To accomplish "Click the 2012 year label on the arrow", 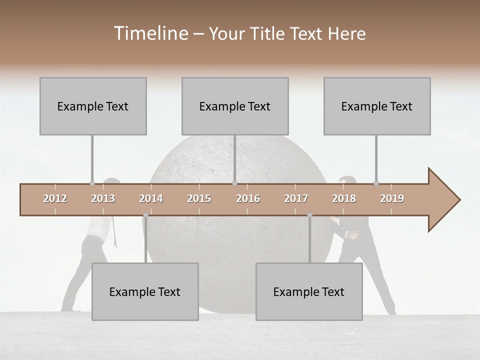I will tap(55, 198).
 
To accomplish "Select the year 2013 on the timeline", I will tap(103, 198).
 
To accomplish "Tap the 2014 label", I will tap(151, 198).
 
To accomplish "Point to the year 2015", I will tap(199, 198).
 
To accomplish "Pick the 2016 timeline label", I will tap(248, 198).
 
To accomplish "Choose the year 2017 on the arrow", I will tap(296, 198).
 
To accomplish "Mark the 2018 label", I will tap(344, 198).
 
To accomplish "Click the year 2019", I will tap(392, 198).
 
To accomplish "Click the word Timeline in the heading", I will tap(150, 33).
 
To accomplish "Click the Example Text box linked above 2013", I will tap(93, 106).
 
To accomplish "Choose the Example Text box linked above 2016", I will tap(235, 106).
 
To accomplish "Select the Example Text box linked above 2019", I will tap(377, 106).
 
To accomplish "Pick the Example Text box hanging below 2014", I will tap(145, 291).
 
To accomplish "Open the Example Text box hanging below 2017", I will tap(309, 291).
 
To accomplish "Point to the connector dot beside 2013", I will tap(92, 183).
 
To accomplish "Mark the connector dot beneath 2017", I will tap(309, 215).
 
